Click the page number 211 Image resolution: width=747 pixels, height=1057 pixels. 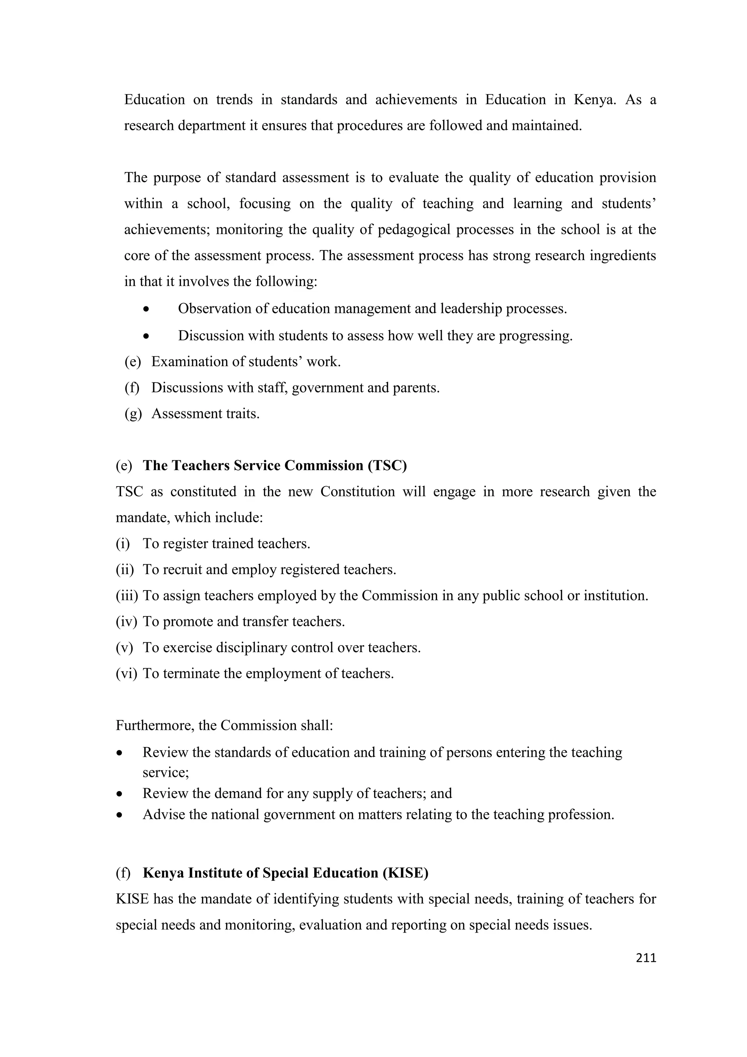[646, 957]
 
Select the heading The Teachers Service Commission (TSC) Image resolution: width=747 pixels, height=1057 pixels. [275, 465]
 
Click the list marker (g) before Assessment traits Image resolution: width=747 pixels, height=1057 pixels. [133, 413]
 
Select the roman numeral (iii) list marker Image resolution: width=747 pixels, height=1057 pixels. [127, 596]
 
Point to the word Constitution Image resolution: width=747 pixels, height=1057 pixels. [357, 492]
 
